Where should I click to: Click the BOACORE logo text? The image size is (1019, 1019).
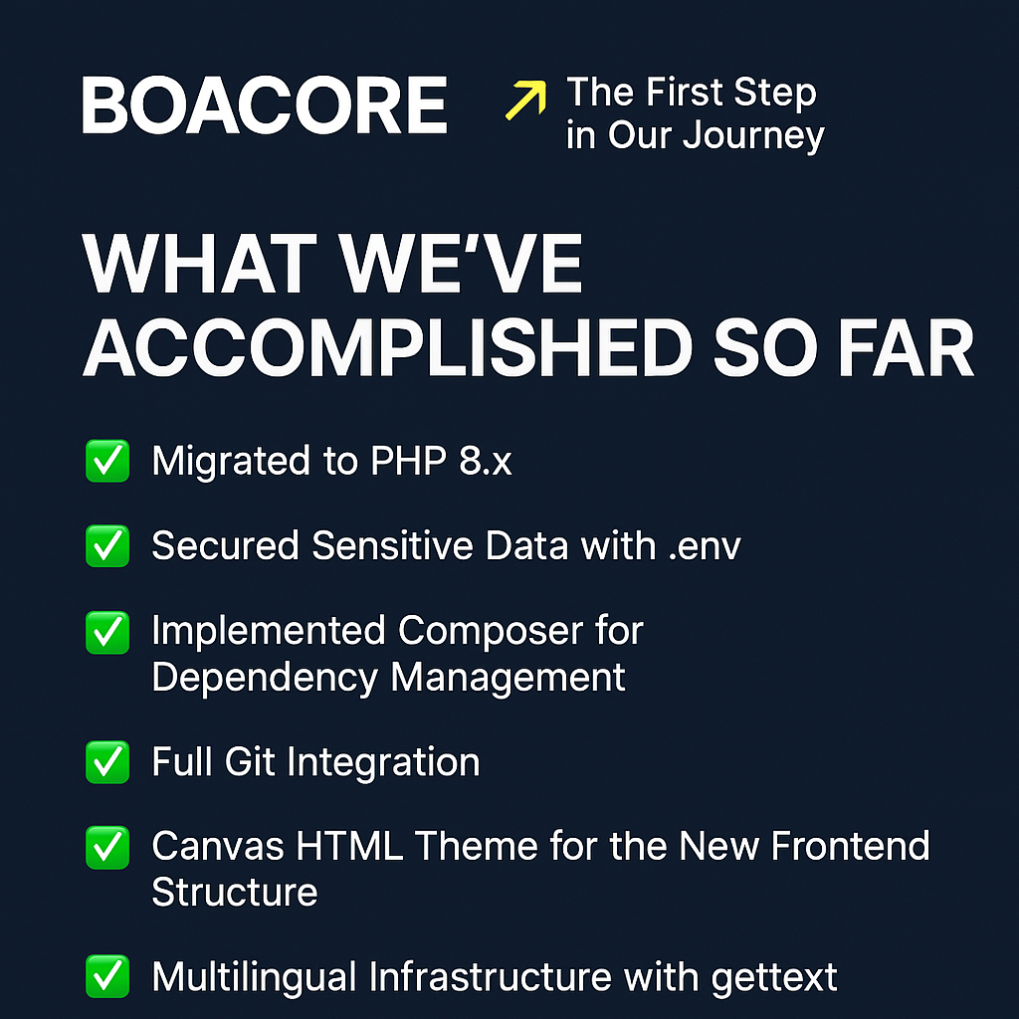264,105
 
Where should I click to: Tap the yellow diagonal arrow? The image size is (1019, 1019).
525,101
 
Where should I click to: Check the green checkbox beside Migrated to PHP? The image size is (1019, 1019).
107,463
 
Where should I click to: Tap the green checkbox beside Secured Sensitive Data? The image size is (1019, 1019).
107,546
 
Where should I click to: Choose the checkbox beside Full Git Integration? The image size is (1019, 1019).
107,763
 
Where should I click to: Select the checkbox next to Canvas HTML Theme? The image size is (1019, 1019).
107,848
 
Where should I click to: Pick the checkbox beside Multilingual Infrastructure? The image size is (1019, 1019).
107,976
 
